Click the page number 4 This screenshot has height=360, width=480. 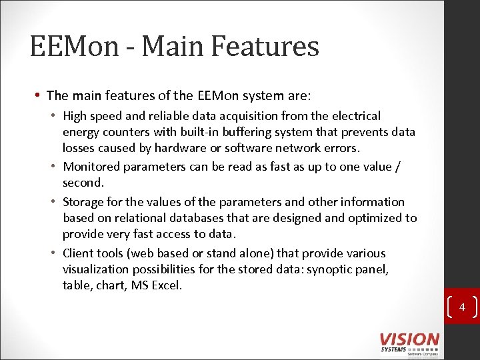tap(462, 307)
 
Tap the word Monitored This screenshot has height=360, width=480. tap(91, 167)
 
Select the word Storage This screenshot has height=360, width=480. tap(82, 202)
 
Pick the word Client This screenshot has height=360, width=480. tap(77, 253)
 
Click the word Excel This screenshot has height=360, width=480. tap(165, 285)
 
